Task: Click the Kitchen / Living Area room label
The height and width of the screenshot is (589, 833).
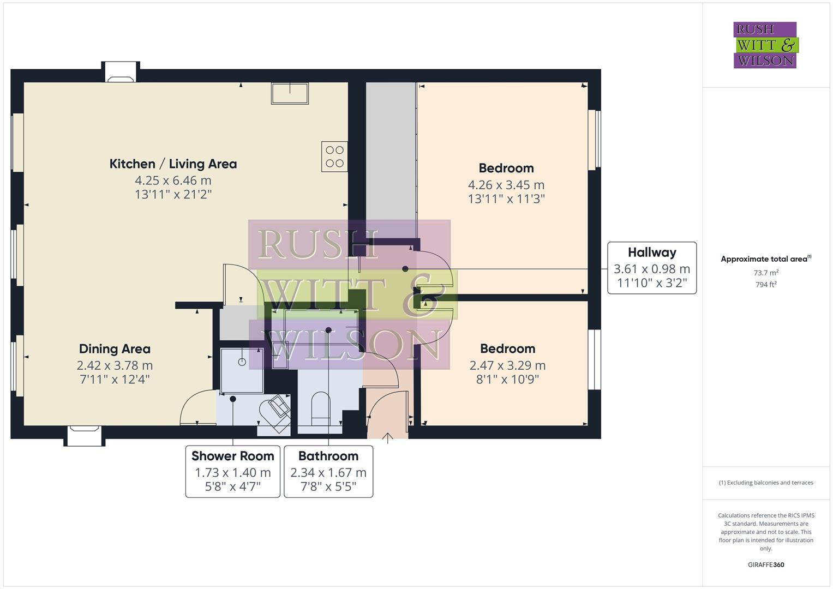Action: pos(173,164)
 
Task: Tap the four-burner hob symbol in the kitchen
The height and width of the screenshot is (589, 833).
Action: pos(334,157)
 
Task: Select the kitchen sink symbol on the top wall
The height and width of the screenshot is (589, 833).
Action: pos(290,93)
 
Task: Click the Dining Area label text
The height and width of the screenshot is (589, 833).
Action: pos(115,349)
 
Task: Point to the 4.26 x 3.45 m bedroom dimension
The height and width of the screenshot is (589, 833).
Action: pos(506,185)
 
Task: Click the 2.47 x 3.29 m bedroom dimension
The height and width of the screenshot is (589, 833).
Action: pos(507,365)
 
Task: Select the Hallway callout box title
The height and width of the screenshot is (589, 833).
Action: pos(652,253)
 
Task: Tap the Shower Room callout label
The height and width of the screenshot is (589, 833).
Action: pos(232,456)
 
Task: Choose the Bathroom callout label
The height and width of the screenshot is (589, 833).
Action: pos(328,456)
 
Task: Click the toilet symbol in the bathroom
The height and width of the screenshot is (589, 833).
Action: pos(320,410)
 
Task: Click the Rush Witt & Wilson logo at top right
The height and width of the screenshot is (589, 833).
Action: pos(765,45)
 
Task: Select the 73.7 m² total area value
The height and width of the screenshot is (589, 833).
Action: pos(766,273)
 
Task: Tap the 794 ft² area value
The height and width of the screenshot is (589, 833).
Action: pos(766,284)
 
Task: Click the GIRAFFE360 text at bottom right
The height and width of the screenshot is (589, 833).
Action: pos(766,564)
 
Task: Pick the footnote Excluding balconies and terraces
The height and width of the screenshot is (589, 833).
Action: pos(766,483)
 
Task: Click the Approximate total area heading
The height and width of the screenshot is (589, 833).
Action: pos(765,259)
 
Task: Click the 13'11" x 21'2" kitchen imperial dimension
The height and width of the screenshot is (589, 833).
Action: pos(173,194)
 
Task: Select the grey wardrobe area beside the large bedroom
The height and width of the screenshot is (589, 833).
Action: pos(391,158)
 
